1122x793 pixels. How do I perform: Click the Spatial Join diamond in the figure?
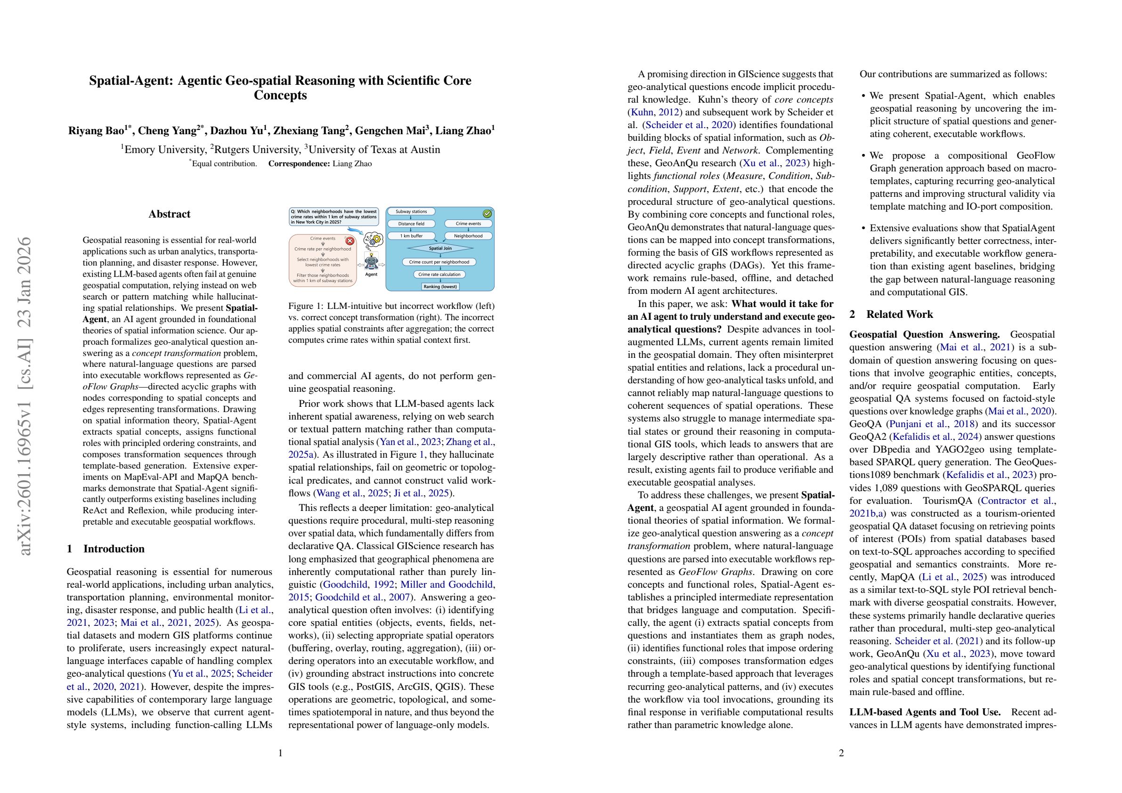(440, 248)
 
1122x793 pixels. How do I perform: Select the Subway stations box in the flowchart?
(411, 211)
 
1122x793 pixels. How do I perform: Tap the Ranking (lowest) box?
(440, 286)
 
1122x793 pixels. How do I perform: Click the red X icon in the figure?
(350, 241)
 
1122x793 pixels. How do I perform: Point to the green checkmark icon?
(487, 213)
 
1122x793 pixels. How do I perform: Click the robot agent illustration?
(371, 263)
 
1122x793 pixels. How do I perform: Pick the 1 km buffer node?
(411, 236)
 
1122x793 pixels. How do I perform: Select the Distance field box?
(411, 224)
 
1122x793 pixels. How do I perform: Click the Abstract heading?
(169, 214)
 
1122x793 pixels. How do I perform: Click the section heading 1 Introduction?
(106, 549)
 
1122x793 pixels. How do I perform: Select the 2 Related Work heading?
(891, 314)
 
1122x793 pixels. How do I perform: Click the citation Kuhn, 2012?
(648, 113)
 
